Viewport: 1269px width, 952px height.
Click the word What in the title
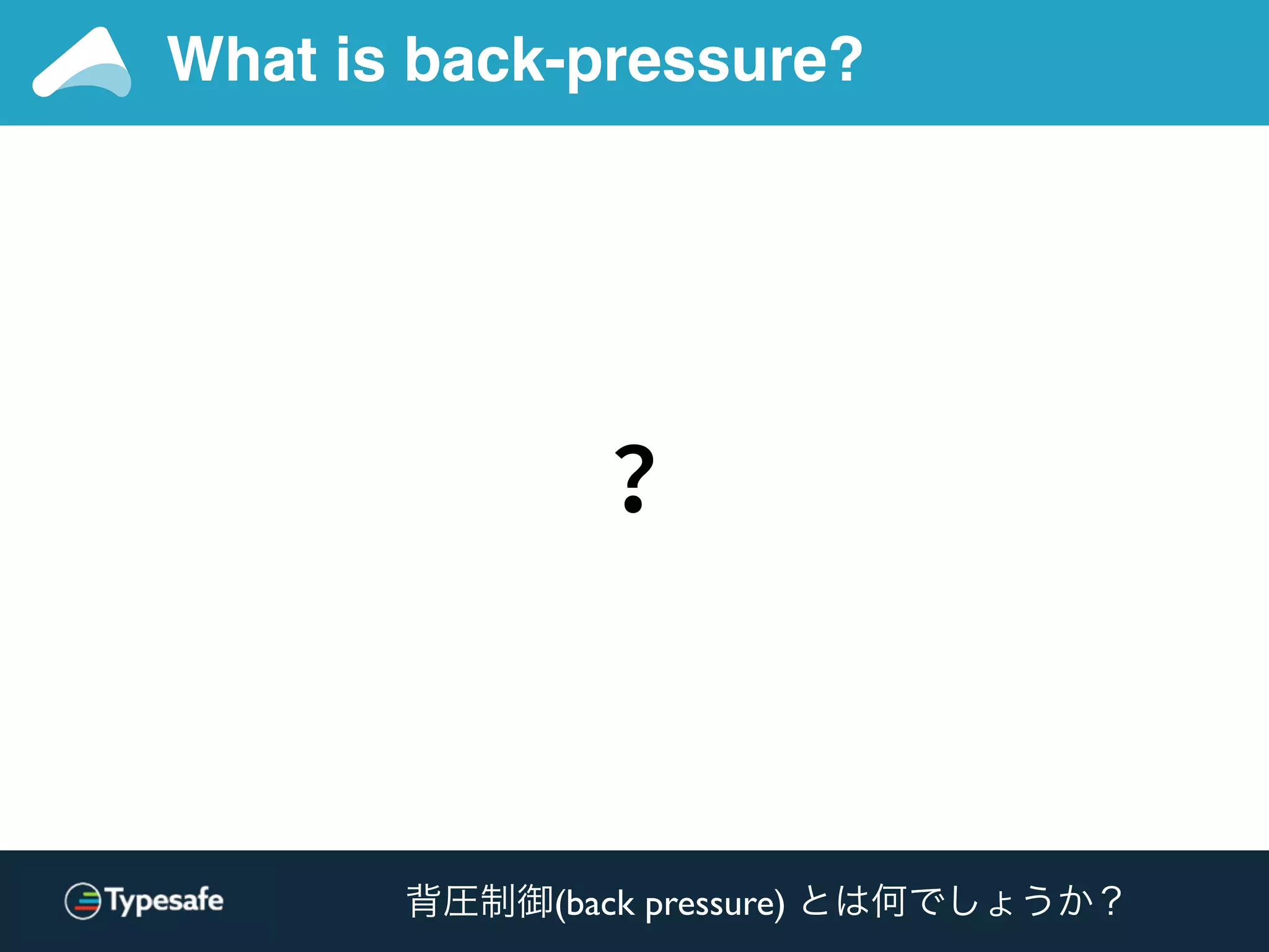242,59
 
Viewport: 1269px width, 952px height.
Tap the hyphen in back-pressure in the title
556,65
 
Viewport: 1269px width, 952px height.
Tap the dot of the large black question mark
633,503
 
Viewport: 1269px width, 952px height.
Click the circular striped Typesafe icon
83,901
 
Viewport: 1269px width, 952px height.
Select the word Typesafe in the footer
165,901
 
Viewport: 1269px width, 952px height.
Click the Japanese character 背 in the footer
424,901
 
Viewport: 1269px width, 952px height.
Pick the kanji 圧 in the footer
461,901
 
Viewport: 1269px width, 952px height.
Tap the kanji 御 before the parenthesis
535,901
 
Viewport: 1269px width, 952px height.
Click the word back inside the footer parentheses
600,903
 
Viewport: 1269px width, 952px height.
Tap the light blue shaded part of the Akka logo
99,79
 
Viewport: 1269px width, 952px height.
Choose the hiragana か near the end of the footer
1075,901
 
